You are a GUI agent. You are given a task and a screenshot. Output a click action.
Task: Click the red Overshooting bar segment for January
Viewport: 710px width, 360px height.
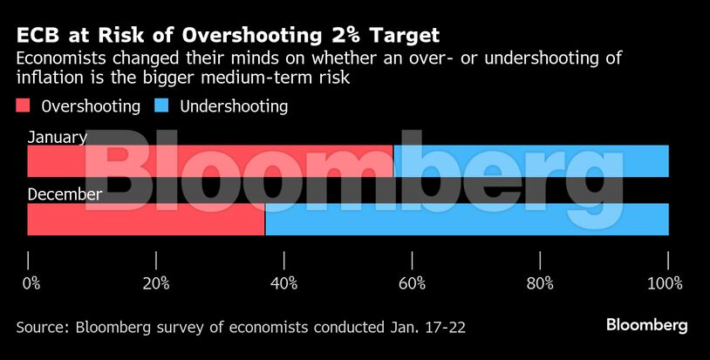pos(209,161)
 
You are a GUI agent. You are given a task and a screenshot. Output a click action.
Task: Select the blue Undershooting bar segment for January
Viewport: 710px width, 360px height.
pos(531,161)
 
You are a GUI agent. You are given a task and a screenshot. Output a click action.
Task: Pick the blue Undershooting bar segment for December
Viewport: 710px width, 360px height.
pos(467,219)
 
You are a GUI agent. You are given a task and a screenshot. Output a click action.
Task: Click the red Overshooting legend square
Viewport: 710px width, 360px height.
pos(24,106)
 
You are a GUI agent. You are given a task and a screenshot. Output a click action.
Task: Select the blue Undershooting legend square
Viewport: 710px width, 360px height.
pos(162,106)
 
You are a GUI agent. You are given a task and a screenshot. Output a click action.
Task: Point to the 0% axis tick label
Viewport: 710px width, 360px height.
pos(31,283)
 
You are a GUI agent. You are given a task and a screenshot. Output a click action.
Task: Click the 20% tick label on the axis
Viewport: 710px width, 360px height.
pos(156,283)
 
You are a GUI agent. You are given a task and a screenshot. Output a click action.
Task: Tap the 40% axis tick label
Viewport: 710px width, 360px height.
pos(284,283)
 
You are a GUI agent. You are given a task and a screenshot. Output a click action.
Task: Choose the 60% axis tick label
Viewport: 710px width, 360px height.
pos(412,283)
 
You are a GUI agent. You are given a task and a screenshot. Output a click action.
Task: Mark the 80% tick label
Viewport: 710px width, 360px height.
pos(540,283)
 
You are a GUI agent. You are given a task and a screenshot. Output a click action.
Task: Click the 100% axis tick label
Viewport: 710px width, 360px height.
pos(666,283)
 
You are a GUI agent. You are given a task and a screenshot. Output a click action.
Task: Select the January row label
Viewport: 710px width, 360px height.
pos(57,137)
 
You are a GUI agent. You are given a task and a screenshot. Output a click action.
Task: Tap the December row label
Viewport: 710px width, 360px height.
pos(65,194)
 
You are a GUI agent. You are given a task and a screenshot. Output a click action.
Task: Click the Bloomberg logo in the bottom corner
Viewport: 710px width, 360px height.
pos(646,325)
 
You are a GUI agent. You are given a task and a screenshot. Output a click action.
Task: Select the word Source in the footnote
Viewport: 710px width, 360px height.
pos(42,328)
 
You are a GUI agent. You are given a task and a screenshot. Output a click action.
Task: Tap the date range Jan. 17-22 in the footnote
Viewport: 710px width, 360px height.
pos(426,328)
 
